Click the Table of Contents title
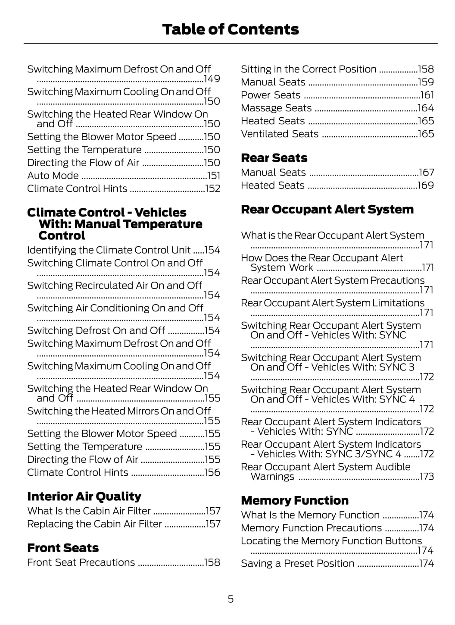(231, 29)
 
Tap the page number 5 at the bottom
(231, 599)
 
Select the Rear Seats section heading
(274, 158)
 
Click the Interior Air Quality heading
(84, 496)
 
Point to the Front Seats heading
(63, 548)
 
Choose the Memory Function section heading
(295, 500)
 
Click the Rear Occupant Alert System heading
(327, 209)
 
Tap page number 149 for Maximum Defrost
(212, 79)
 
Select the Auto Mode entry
(53, 176)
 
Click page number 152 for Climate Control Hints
(212, 188)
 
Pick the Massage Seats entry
(276, 108)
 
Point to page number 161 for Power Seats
(427, 95)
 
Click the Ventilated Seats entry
(280, 134)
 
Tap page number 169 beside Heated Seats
(426, 185)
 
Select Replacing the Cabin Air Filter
(94, 524)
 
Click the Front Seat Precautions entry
(81, 562)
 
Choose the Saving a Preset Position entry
(298, 563)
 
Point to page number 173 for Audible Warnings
(427, 477)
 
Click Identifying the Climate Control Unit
(109, 250)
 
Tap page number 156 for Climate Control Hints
(212, 472)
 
